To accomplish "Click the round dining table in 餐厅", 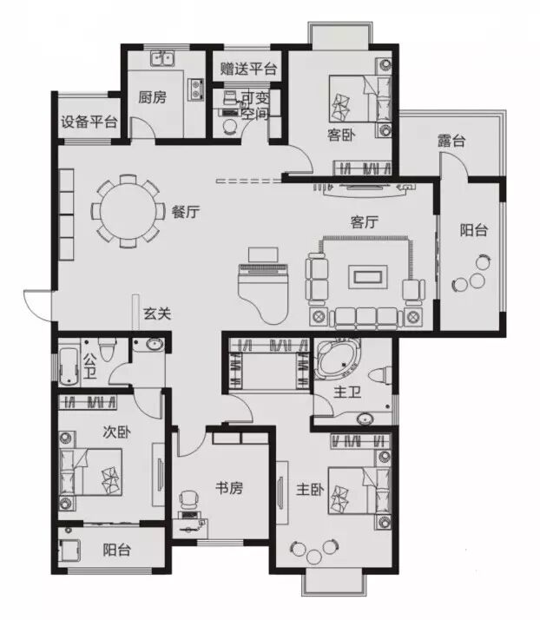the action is pos(128,211).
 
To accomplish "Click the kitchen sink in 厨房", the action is pos(162,58).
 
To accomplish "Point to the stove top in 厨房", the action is pos(195,89).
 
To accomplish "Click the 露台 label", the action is pos(451,141).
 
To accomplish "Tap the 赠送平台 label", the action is pos(248,69).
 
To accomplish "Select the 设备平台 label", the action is pos(89,122).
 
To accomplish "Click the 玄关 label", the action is pos(157,313).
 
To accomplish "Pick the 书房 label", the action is pos(229,488).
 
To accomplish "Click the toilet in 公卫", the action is pos(107,348).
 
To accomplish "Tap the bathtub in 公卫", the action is pos(69,366).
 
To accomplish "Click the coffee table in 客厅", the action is pos(367,277).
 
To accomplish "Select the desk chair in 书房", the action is pos(188,500).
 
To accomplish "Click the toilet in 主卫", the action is pos(380,375).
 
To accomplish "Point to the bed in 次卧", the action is pos(90,472).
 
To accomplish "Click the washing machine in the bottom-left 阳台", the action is pos(70,551).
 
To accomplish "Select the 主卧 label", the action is pos(310,490).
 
